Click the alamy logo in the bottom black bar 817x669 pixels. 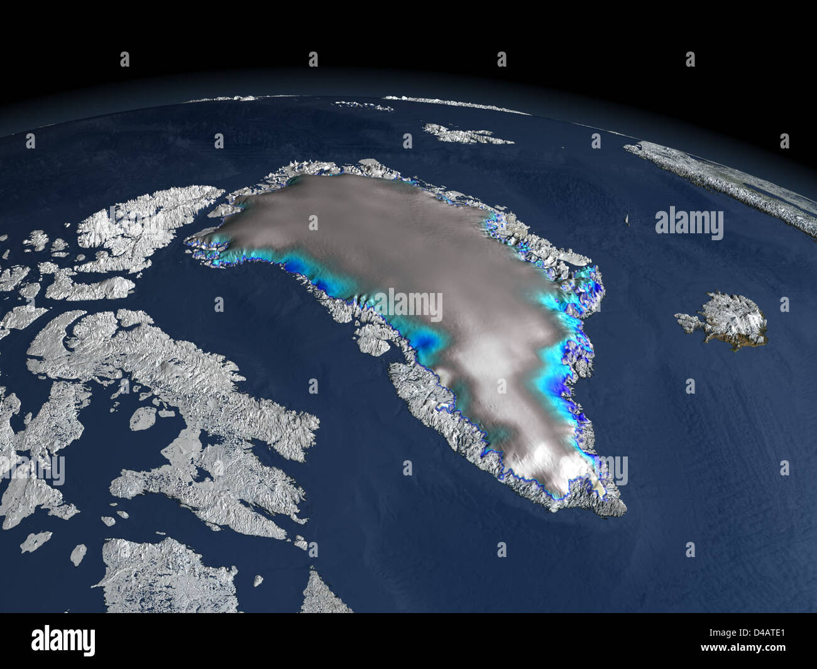[x=63, y=641]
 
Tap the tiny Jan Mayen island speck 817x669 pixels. [x=627, y=219]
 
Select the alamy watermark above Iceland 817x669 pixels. [x=689, y=223]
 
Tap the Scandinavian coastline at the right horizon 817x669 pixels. [x=723, y=176]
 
